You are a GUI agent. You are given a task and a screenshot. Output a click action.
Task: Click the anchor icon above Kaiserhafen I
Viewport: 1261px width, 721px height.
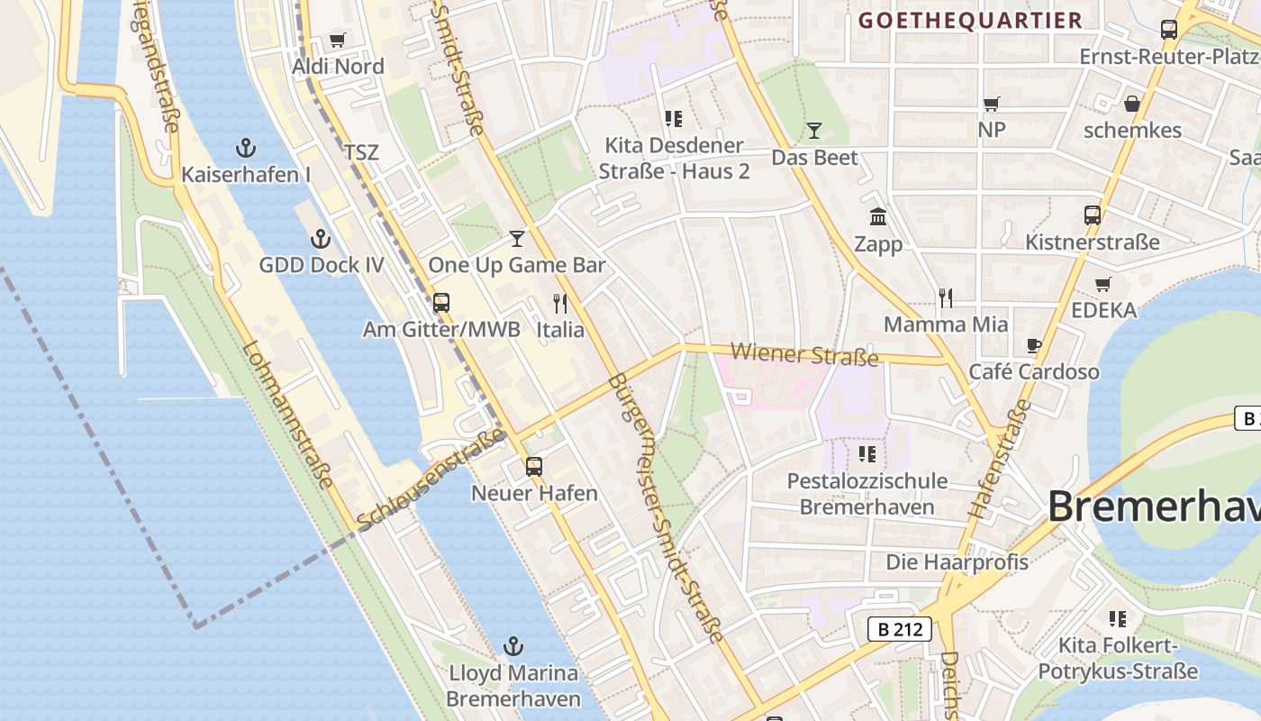[x=245, y=148]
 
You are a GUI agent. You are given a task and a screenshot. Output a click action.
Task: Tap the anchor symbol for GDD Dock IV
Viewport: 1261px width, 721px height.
[x=321, y=239]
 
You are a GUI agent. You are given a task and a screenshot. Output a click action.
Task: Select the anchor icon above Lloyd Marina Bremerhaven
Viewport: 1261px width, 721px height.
[x=513, y=646]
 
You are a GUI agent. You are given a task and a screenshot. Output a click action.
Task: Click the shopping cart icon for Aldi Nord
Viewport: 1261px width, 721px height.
[x=338, y=40]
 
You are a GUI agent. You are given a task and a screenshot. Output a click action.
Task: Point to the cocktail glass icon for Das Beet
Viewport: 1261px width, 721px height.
[x=814, y=131]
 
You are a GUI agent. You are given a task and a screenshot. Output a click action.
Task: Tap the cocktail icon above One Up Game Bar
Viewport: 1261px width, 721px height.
[x=516, y=239]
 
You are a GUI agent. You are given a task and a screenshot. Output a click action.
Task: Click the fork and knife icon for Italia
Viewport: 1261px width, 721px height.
[x=560, y=304]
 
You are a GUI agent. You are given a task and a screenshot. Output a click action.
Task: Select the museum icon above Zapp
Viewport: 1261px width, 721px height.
[x=878, y=217]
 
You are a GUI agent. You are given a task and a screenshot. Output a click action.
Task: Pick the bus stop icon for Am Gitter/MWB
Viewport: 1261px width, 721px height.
[x=441, y=303]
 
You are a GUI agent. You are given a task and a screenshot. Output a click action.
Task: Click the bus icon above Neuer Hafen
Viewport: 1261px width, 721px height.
[x=534, y=466]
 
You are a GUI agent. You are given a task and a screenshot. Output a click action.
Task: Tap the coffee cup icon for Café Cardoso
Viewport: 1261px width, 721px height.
[x=1034, y=345]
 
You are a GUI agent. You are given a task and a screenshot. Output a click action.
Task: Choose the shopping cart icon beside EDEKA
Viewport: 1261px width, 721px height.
[x=1103, y=284]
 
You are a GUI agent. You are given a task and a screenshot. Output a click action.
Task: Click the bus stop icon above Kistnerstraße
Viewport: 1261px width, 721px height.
[x=1093, y=215]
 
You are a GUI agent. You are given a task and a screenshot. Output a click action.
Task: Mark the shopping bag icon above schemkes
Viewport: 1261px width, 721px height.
[x=1132, y=104]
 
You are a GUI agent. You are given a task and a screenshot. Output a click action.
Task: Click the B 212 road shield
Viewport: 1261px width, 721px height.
[x=900, y=629]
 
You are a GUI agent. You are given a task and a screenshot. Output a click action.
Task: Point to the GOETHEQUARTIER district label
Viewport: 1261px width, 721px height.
[x=969, y=21]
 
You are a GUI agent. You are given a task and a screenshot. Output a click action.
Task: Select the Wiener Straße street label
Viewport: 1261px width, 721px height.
[x=804, y=354]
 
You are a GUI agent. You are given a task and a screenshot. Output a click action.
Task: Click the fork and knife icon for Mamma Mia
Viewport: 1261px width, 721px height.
[x=946, y=298]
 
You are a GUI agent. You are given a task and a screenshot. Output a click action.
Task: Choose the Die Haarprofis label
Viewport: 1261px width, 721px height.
[x=957, y=562]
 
